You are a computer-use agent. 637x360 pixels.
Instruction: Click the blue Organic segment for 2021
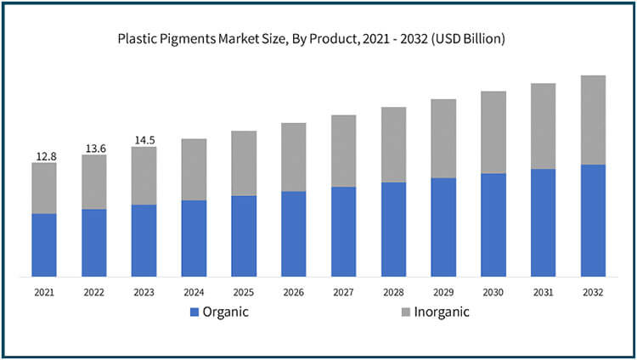tap(44, 245)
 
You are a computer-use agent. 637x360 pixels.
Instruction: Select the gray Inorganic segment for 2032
tap(593, 120)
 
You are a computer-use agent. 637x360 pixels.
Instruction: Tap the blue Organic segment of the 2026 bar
tap(294, 233)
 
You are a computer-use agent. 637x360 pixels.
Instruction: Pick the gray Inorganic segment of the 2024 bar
tap(194, 169)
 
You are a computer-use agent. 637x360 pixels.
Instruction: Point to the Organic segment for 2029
tap(443, 227)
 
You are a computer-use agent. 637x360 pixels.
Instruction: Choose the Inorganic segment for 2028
tap(393, 144)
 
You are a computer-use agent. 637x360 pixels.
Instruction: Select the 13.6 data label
tap(94, 149)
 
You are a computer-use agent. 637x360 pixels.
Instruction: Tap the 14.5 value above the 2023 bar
tap(144, 140)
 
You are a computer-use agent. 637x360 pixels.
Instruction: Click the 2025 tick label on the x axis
tap(244, 292)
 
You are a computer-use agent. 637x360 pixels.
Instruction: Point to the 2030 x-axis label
tap(493, 292)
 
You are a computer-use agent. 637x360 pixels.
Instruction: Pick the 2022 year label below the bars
tap(94, 292)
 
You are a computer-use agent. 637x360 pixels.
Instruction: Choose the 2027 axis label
tap(343, 292)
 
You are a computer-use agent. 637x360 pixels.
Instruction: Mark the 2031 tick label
tap(544, 292)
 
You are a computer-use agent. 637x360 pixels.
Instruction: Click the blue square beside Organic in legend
tap(194, 312)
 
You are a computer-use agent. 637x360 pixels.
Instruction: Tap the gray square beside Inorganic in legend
tap(407, 312)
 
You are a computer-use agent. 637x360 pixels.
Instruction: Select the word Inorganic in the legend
tap(443, 312)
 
